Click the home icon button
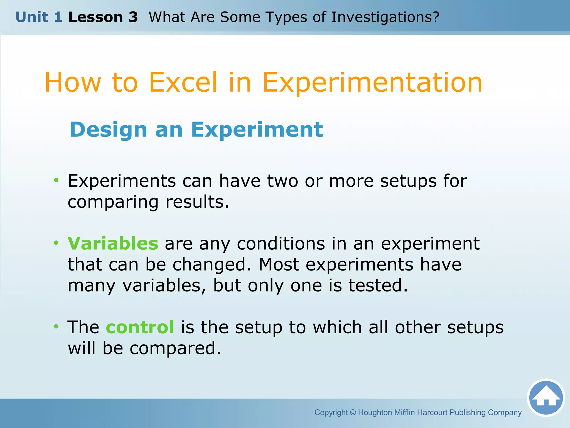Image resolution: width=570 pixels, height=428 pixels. (x=546, y=398)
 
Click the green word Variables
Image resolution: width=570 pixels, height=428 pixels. (x=113, y=244)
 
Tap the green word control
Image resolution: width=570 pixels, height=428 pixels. (x=140, y=327)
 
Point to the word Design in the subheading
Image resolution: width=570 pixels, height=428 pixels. (x=108, y=130)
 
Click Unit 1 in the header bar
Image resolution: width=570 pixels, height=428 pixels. (x=39, y=17)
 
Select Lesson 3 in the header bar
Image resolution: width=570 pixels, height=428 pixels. (x=103, y=17)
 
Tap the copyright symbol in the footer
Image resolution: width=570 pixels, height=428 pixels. (x=353, y=412)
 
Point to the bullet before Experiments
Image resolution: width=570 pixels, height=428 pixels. (x=56, y=180)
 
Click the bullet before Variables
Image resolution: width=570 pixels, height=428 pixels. (x=56, y=243)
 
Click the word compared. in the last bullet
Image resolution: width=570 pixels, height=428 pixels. (x=175, y=348)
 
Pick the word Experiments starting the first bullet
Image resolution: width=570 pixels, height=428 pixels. (x=122, y=181)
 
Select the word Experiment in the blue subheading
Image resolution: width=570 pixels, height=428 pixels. (x=257, y=130)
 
